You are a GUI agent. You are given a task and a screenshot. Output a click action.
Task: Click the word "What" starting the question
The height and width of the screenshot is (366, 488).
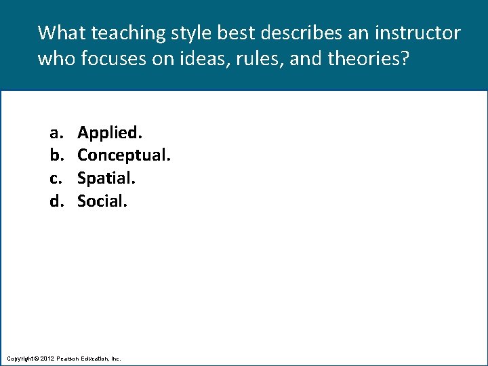[x=62, y=33]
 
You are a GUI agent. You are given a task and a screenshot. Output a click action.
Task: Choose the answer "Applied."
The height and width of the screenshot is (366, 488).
[x=110, y=132]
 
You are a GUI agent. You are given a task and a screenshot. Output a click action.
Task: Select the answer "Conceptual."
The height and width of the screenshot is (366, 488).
[x=124, y=155]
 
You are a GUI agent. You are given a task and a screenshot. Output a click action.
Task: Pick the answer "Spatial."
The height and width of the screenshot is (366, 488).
[x=106, y=178]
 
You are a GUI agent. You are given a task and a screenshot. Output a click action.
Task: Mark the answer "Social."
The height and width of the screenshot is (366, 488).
[x=102, y=201]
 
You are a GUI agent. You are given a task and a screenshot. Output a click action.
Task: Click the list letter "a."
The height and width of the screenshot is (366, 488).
[x=55, y=132]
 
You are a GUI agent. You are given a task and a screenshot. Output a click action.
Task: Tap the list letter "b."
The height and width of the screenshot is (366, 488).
[x=55, y=155]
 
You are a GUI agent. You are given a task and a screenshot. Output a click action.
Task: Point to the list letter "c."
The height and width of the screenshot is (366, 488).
[x=55, y=178]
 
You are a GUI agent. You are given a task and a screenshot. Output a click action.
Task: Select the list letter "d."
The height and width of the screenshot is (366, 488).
[x=55, y=201]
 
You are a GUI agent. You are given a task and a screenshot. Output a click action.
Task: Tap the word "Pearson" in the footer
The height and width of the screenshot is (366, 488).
[x=70, y=358]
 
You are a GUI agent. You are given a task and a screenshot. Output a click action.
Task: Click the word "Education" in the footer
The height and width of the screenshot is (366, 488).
[x=99, y=358]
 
